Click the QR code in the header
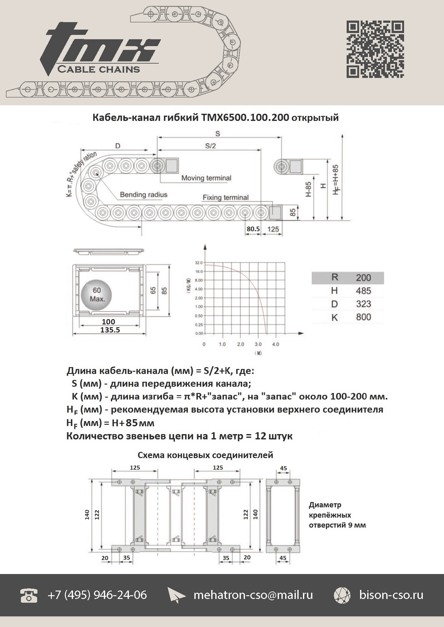tap(375, 49)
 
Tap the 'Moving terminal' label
tap(206, 178)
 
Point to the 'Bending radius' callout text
tap(144, 195)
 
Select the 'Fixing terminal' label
tap(226, 198)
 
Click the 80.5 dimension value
tap(253, 229)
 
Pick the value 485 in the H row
tap(363, 291)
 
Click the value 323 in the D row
tap(363, 304)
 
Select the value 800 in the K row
tap(363, 317)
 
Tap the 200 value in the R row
tap(363, 278)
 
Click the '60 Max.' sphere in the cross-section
tap(96, 294)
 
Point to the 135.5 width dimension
tap(110, 330)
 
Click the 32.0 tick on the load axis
tap(199, 263)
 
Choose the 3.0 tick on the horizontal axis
tap(258, 344)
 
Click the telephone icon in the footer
tap(29, 595)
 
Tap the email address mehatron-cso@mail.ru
tap(253, 595)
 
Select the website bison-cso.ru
tap(391, 595)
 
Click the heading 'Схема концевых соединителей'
tap(205, 455)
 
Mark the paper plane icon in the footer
tap(176, 595)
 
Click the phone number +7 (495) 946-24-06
tap(97, 595)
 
